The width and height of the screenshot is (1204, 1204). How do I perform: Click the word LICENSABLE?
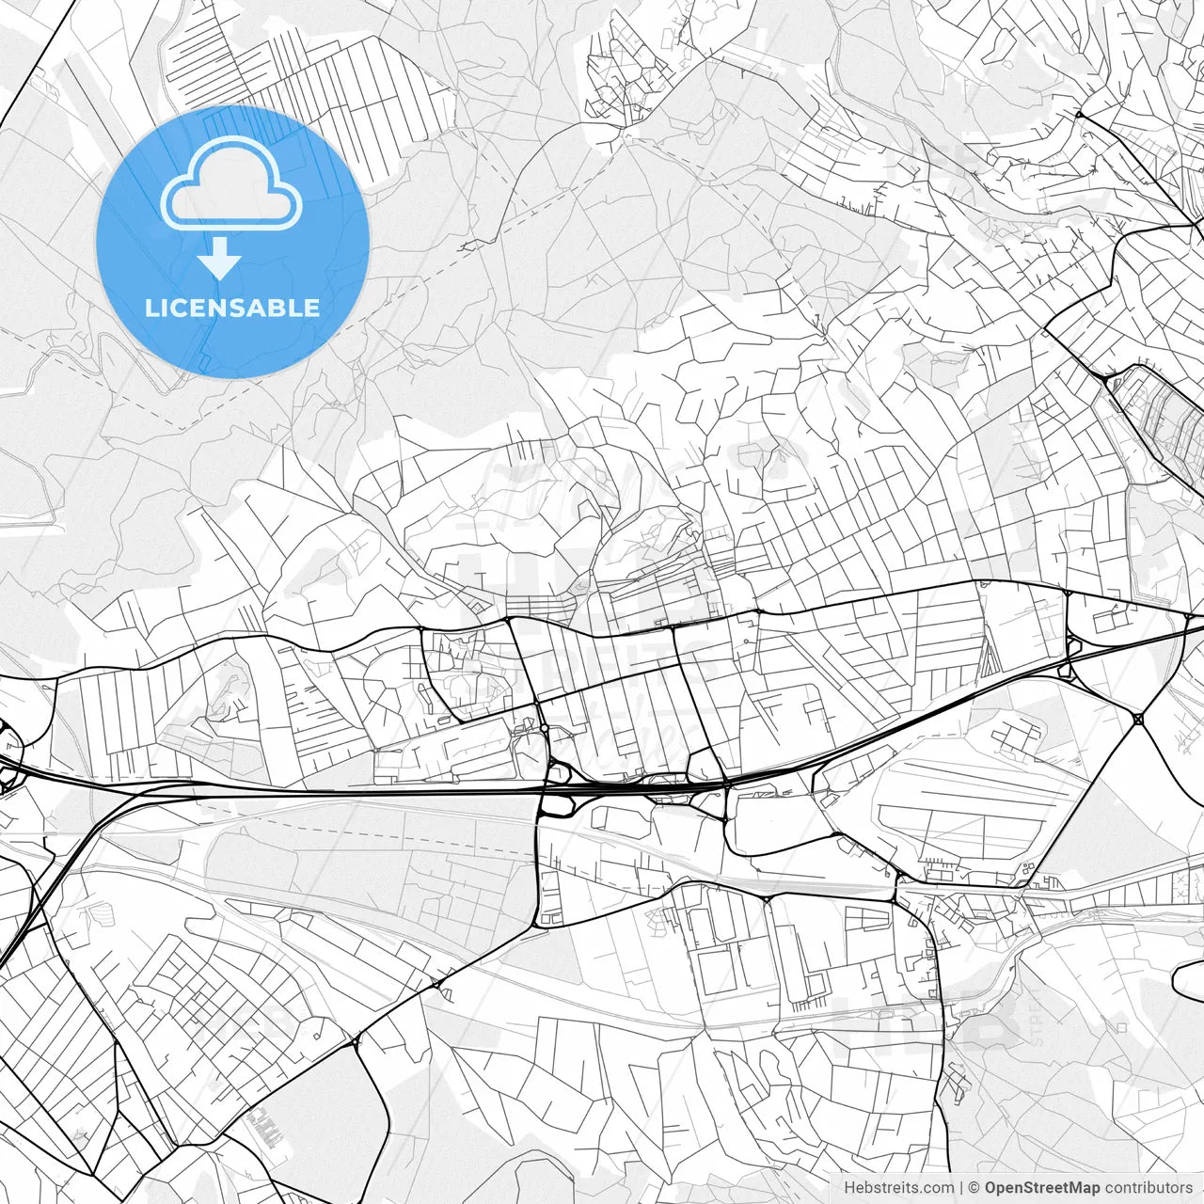[x=231, y=309]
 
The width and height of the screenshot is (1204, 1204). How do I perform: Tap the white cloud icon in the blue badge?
[x=231, y=183]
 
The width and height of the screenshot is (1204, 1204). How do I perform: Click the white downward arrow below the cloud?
[x=220, y=258]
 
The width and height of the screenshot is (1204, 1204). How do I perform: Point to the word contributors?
[x=1148, y=1188]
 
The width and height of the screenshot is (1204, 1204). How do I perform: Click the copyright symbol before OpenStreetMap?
[x=974, y=1188]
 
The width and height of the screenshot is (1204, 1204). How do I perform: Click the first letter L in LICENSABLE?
[x=150, y=309]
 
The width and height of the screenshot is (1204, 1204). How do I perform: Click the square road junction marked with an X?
[x=1138, y=720]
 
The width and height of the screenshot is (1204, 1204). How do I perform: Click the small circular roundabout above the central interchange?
[x=544, y=728]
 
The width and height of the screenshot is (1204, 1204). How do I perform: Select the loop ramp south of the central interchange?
[x=562, y=806]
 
